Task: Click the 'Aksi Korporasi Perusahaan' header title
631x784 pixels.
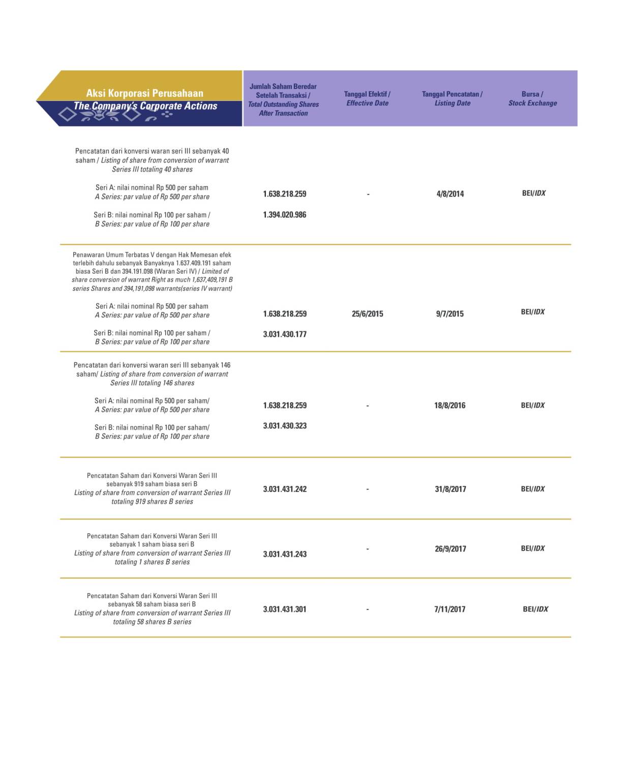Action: tap(144, 93)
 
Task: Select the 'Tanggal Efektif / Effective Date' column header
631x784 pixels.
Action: tap(367, 99)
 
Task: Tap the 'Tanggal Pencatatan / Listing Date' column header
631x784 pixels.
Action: tap(452, 99)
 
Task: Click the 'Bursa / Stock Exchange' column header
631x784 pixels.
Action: tap(532, 99)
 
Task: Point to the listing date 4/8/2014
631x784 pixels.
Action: tap(450, 194)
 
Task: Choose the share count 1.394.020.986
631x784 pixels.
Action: tap(284, 215)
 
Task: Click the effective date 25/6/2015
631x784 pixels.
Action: tap(367, 314)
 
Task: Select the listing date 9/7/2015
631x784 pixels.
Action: tap(449, 314)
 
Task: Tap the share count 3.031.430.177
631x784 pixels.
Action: tap(284, 334)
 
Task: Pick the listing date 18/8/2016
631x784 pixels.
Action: tap(449, 405)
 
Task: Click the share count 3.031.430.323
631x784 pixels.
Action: tap(284, 426)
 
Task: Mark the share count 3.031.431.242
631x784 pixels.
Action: tap(284, 489)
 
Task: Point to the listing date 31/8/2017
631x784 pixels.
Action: tap(450, 489)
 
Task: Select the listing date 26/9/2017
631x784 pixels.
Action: tap(450, 549)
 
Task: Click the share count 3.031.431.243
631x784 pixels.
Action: tap(284, 554)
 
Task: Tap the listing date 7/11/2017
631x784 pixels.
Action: tap(449, 609)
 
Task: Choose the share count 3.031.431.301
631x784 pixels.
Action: tap(284, 609)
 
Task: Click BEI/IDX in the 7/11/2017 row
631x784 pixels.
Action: tap(535, 609)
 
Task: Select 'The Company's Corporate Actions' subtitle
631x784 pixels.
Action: tap(145, 106)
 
